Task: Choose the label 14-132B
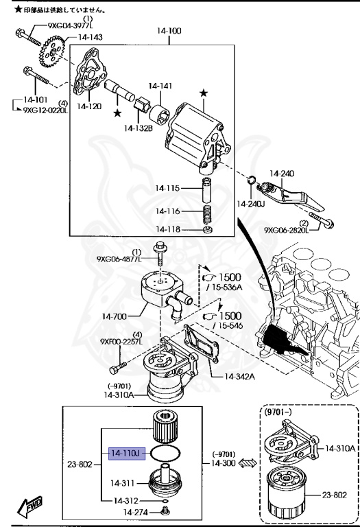tap(139, 128)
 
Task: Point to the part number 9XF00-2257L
tap(121, 342)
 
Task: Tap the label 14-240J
tap(250, 204)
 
